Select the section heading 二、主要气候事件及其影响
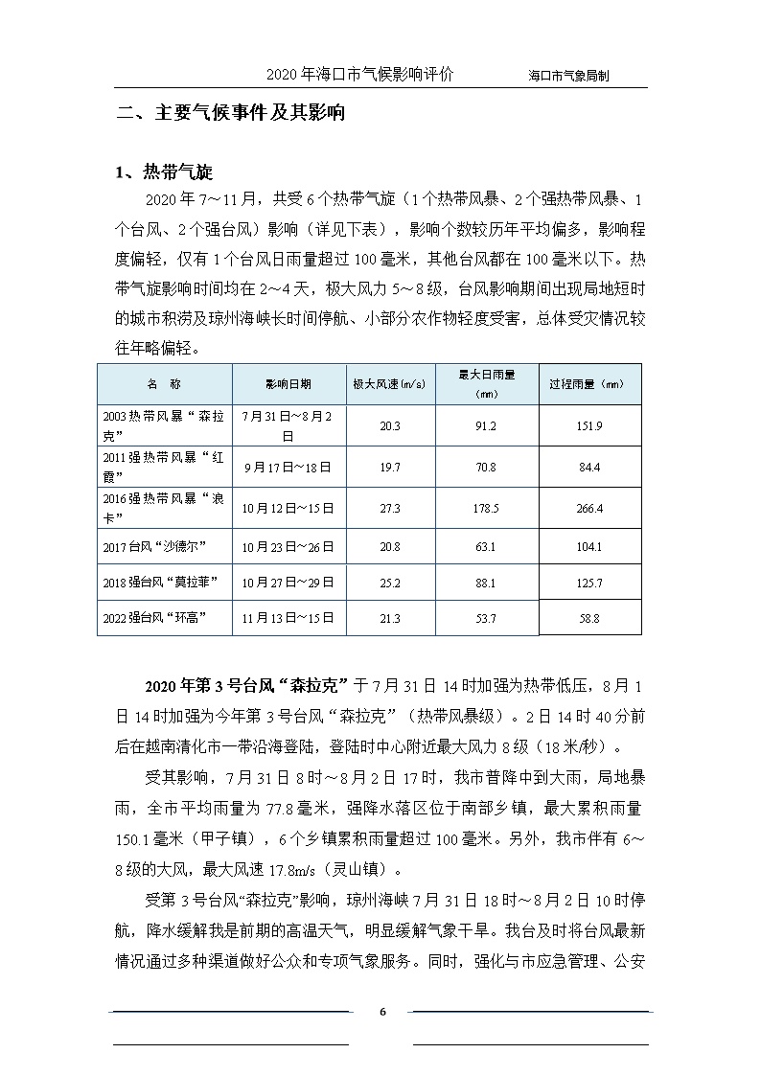230,113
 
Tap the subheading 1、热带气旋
163,172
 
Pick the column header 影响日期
288,383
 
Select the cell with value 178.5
486,508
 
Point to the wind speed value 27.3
389,508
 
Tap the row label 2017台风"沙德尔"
154,547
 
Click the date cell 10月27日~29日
288,582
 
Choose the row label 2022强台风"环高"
154,618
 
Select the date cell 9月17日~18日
288,467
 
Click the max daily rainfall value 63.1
486,547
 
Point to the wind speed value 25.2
389,583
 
